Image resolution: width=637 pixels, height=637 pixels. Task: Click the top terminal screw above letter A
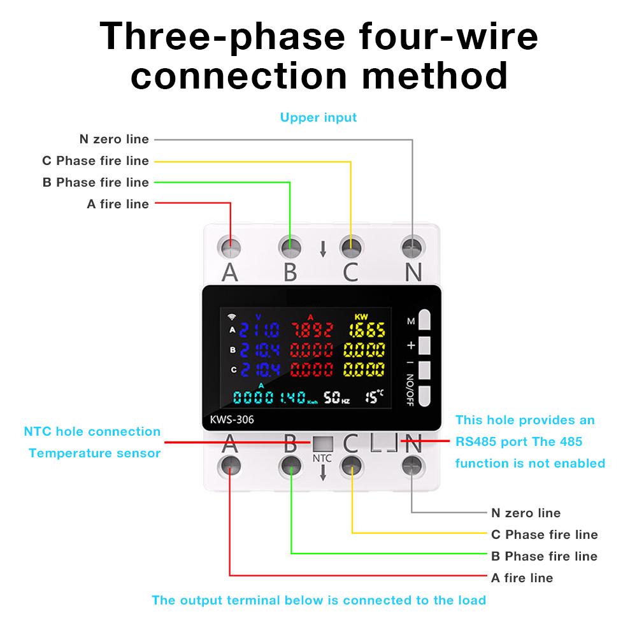click(x=230, y=246)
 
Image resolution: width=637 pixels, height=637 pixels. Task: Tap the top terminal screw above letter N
click(x=413, y=246)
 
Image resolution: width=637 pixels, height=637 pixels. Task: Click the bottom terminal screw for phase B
click(x=290, y=465)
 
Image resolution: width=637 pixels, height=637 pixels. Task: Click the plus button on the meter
click(x=425, y=345)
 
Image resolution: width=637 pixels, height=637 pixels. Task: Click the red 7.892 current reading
click(x=312, y=330)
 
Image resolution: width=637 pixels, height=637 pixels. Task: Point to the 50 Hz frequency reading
click(x=337, y=398)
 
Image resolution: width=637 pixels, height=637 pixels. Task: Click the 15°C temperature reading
click(x=375, y=397)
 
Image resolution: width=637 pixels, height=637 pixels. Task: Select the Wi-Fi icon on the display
click(x=231, y=316)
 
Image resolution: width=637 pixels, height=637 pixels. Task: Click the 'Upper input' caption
click(x=318, y=117)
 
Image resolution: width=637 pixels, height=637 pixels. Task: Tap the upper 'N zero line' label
click(x=114, y=139)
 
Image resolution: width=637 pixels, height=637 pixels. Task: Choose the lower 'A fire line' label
click(x=522, y=578)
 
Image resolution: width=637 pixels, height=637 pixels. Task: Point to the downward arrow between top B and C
click(x=323, y=249)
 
